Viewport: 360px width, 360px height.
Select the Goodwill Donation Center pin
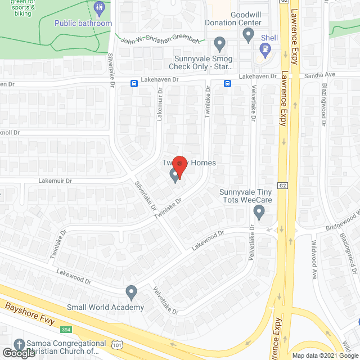click(247, 35)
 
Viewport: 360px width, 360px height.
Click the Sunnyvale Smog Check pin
click(220, 43)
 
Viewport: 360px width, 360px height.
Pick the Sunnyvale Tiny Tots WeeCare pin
click(259, 212)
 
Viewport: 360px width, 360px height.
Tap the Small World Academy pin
click(132, 292)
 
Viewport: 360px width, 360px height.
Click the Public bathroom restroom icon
click(100, 8)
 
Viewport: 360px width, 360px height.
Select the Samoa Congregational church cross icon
click(20, 344)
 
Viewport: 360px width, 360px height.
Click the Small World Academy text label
click(105, 307)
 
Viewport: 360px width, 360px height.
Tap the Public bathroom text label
click(83, 23)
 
